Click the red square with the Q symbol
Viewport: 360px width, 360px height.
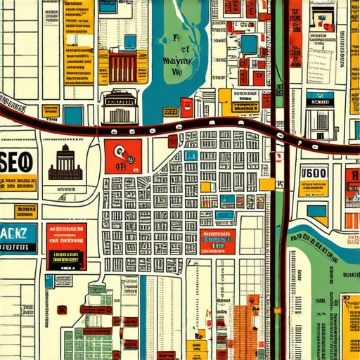(x=122, y=155)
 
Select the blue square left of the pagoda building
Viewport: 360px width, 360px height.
(x=73, y=115)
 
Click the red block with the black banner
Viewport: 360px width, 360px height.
(x=66, y=246)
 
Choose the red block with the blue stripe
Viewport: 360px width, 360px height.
(x=217, y=241)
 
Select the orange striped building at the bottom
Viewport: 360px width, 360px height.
(x=245, y=330)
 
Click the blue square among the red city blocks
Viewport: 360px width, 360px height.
(x=249, y=44)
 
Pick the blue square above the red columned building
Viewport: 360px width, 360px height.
(x=130, y=41)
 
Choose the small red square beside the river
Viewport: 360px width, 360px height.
(x=186, y=107)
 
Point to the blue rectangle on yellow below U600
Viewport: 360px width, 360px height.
(x=316, y=210)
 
